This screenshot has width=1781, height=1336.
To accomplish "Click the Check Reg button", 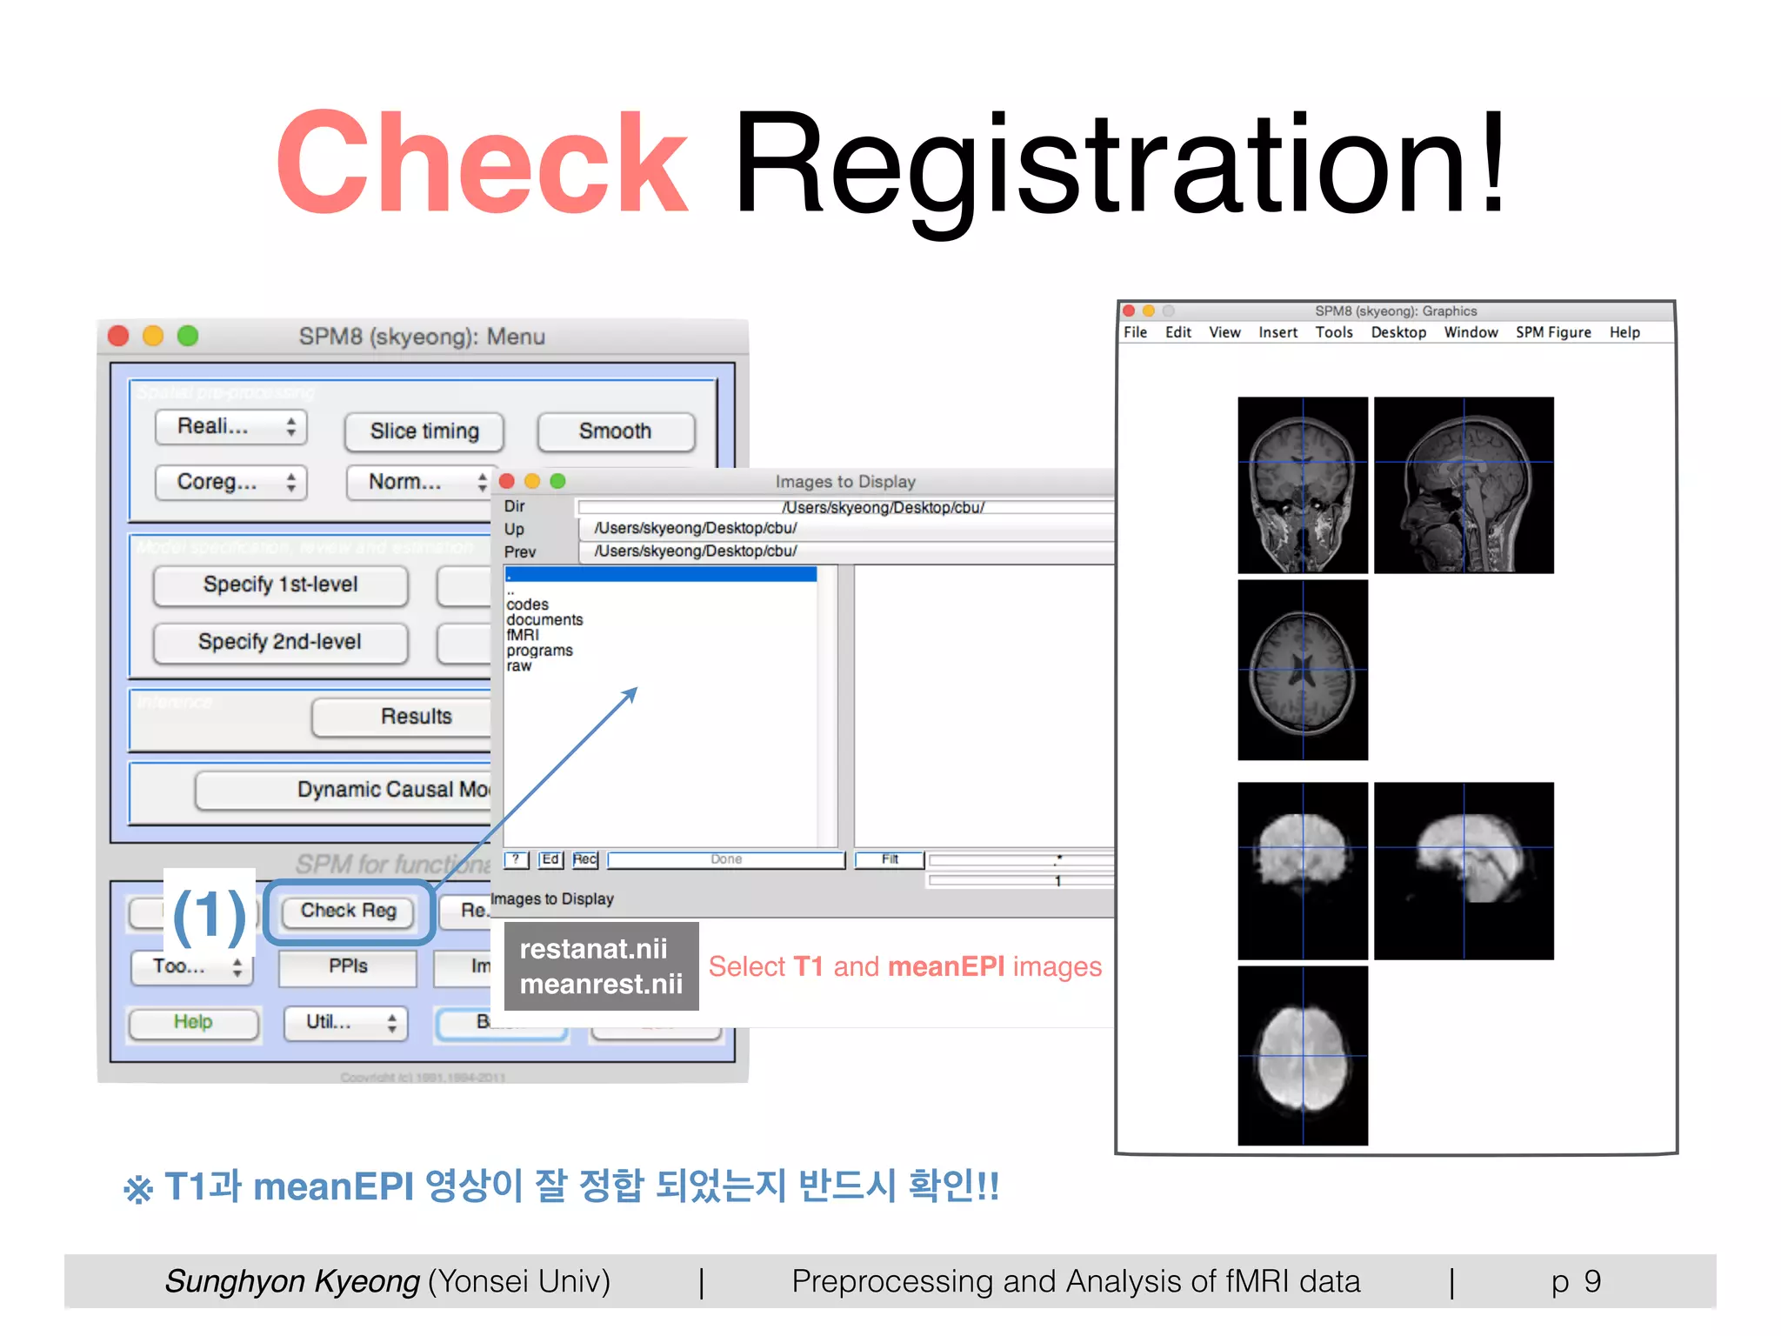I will tap(348, 911).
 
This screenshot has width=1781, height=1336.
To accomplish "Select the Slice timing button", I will tap(424, 431).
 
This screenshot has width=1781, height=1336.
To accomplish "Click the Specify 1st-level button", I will tap(280, 584).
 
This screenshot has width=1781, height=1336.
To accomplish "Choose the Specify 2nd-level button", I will tap(280, 642).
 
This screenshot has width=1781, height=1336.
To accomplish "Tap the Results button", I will tap(416, 717).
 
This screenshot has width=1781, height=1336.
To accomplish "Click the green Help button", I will tap(193, 1022).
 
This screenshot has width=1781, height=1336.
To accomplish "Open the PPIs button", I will tap(348, 966).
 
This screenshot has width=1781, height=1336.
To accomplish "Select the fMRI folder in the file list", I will tap(523, 635).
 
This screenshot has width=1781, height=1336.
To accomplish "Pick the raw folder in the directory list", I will tap(519, 666).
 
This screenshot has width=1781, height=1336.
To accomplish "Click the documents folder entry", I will tap(544, 620).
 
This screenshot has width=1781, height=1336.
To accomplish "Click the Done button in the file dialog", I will tap(726, 859).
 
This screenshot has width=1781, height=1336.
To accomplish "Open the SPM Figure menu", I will tap(1553, 332).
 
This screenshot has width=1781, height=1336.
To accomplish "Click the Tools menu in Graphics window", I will tap(1333, 332).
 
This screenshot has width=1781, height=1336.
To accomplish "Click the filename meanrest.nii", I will tap(601, 985).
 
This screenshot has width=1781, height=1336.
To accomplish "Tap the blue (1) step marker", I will tap(210, 915).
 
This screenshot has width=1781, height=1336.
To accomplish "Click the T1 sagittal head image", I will tap(1464, 485).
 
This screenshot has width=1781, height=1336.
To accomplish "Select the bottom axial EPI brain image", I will tap(1303, 1055).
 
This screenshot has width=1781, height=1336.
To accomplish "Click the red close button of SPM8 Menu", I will tap(119, 337).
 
